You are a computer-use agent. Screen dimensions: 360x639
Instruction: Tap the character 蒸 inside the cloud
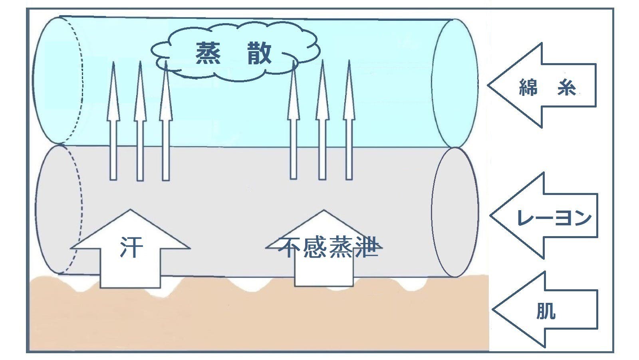pyautogui.click(x=208, y=54)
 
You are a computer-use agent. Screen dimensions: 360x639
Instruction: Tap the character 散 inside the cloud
pyautogui.click(x=260, y=54)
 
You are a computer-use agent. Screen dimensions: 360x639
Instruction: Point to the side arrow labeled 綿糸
pyautogui.click(x=543, y=86)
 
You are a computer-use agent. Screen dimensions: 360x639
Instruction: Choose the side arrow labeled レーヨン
pyautogui.click(x=545, y=216)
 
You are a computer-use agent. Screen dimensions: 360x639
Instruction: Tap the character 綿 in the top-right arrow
pyautogui.click(x=528, y=87)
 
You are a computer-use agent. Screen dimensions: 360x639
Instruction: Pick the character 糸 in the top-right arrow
pyautogui.click(x=566, y=87)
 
